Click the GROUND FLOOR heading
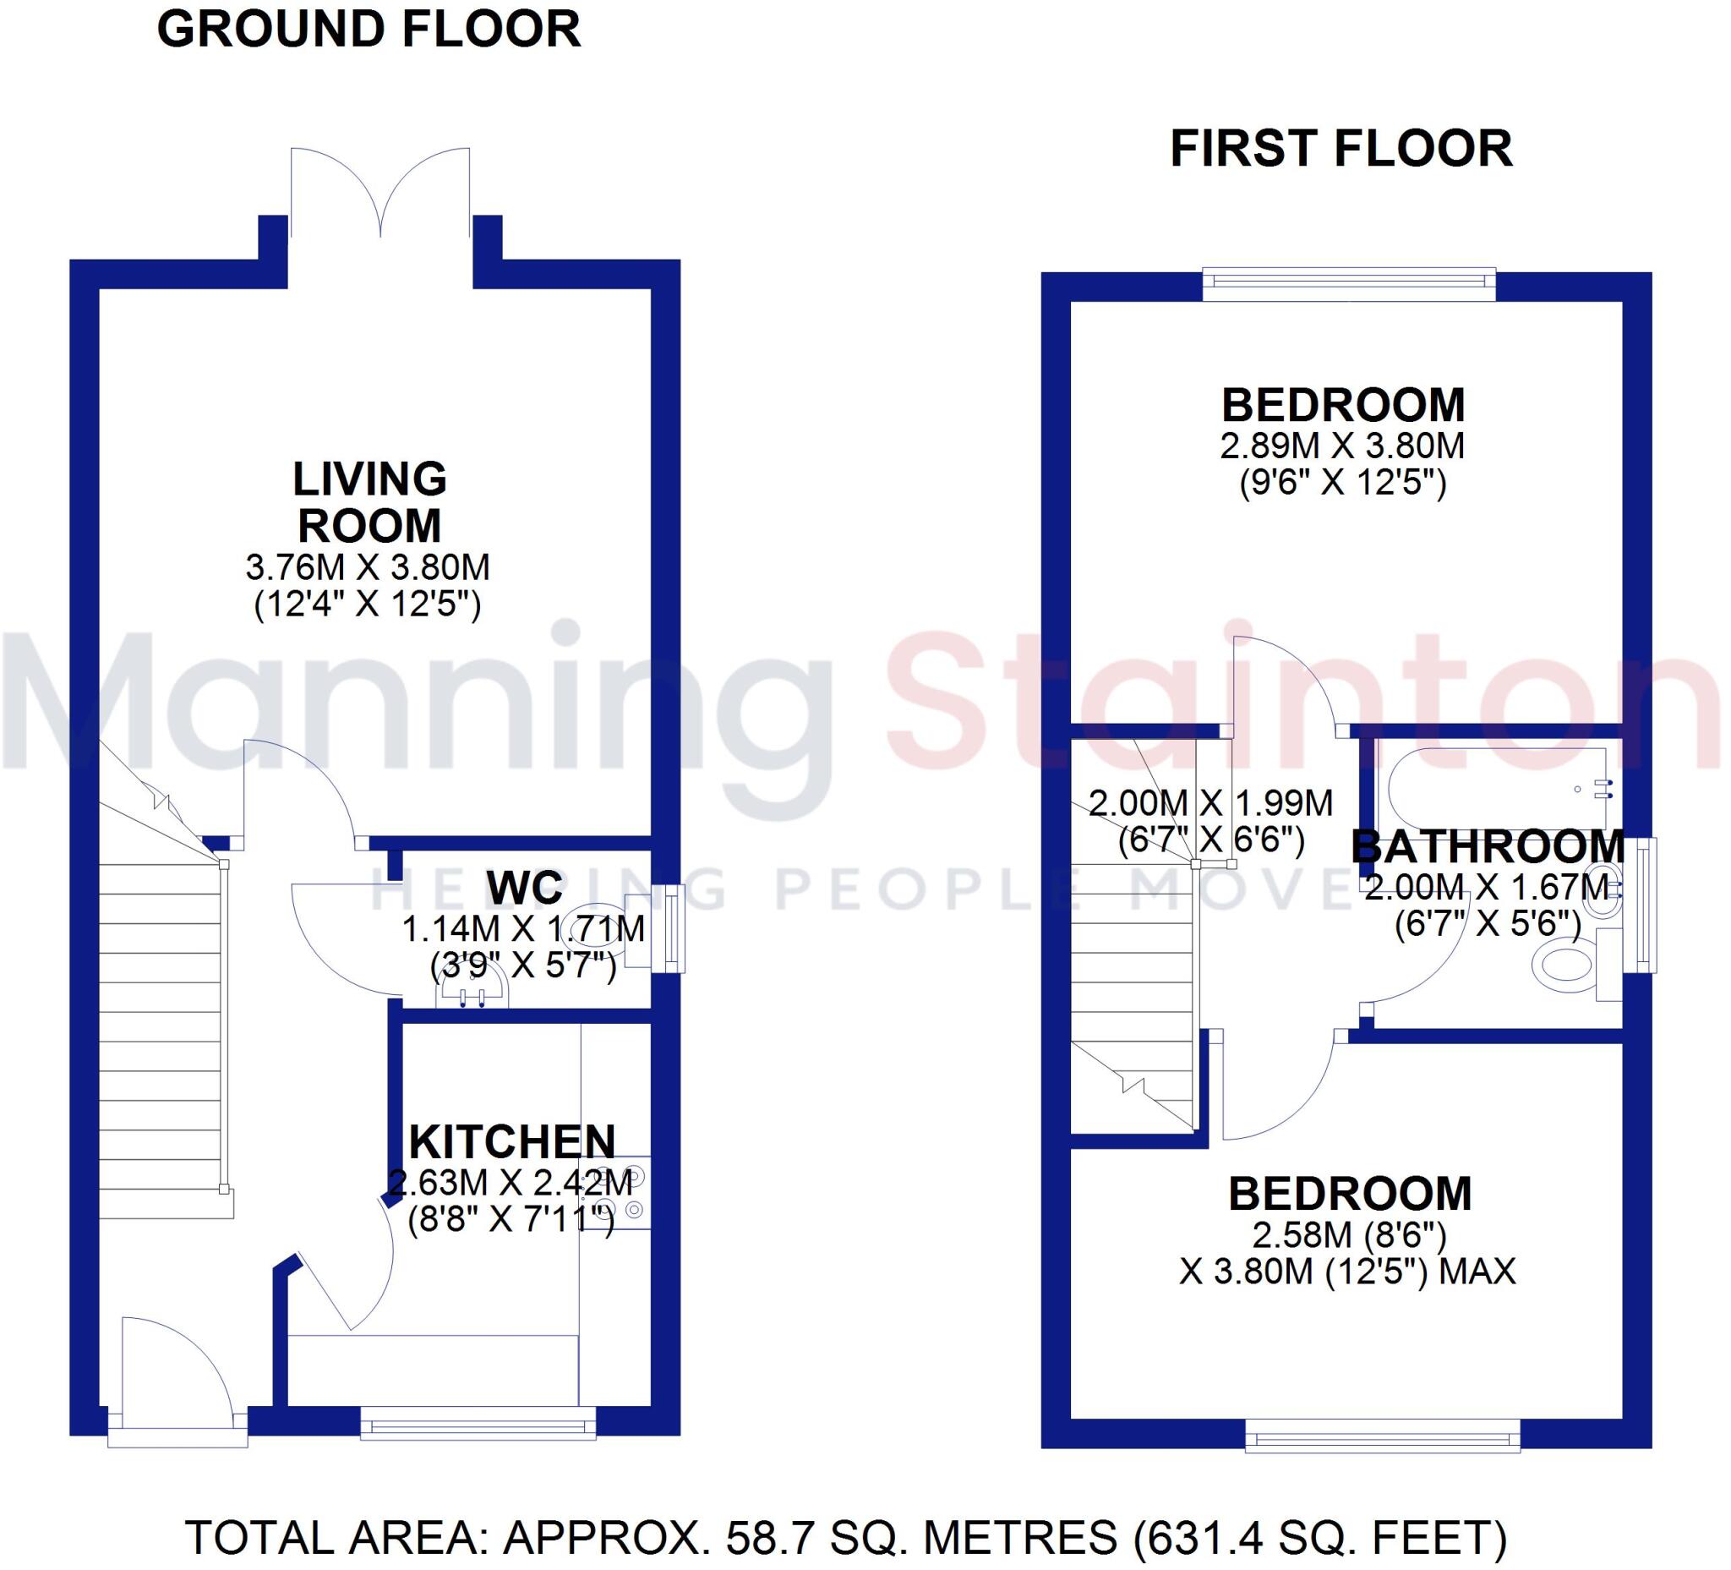coord(369,30)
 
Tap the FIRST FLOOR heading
coord(1341,149)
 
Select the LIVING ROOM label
coord(369,502)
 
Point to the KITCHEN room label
coord(511,1142)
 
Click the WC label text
coord(525,887)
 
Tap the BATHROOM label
coord(1488,847)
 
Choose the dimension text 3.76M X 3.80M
coord(368,567)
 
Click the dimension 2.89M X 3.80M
coord(1342,446)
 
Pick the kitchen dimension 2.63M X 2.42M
coord(511,1183)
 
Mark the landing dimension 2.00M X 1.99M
coord(1210,803)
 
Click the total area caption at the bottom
coord(846,1537)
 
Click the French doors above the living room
coord(380,194)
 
